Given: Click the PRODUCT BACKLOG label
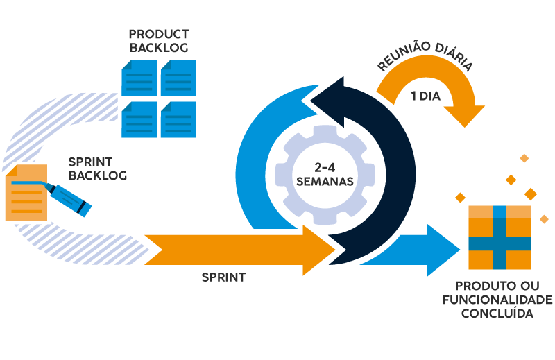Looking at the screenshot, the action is [x=159, y=41].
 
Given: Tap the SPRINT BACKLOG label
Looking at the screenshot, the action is [x=97, y=169].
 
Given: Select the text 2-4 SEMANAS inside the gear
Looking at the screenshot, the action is [x=325, y=175].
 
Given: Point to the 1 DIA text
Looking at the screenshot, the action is [x=426, y=96].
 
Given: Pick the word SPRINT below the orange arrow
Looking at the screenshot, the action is [x=223, y=277].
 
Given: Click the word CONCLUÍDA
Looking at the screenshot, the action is [x=497, y=314].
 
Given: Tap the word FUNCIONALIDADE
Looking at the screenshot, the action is [x=497, y=300].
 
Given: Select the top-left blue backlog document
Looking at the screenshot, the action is [x=139, y=78].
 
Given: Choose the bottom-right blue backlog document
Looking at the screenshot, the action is [x=178, y=119].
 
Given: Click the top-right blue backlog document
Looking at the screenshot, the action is [x=178, y=78].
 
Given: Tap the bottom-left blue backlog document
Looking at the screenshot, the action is [x=139, y=119].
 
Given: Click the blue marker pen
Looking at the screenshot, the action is [x=67, y=198].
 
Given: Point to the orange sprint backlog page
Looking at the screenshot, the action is [x=26, y=193].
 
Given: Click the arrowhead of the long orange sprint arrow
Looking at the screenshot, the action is [x=318, y=250].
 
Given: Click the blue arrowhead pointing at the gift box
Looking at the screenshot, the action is [x=443, y=250].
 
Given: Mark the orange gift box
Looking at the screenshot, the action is [x=499, y=237].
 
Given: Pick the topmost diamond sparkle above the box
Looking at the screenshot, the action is [x=524, y=158].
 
